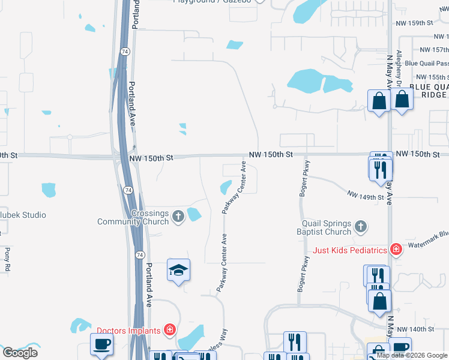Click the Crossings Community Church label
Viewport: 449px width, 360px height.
click(x=133, y=217)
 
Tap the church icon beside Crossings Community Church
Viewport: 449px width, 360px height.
click(x=178, y=216)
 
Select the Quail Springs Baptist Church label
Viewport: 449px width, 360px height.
click(x=324, y=227)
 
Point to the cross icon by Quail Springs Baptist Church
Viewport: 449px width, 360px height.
click(x=360, y=227)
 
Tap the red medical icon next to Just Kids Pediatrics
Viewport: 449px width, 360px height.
click(x=395, y=249)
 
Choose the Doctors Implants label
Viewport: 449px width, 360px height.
click(x=128, y=331)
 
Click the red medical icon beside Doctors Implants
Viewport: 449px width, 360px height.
click(x=170, y=330)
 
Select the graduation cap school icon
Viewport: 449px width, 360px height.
click(x=178, y=270)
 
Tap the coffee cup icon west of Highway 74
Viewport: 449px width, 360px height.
click(x=101, y=344)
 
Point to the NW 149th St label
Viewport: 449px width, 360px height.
click(x=365, y=197)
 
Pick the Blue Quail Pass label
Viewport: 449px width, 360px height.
click(x=426, y=63)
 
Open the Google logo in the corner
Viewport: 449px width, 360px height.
click(x=20, y=352)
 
